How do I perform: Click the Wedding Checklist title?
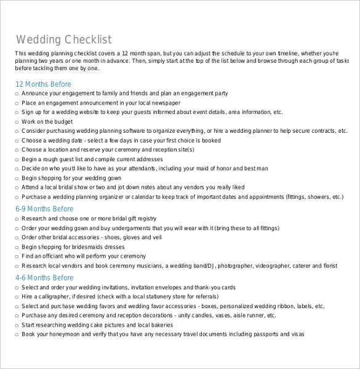pyautogui.click(x=64, y=41)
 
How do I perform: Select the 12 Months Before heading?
pyautogui.click(x=43, y=84)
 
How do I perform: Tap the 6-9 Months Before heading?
pyautogui.click(x=44, y=209)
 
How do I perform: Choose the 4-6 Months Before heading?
pyautogui.click(x=44, y=278)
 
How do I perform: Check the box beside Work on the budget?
pyautogui.click(x=17, y=122)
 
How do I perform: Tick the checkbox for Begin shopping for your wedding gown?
pyautogui.click(x=17, y=178)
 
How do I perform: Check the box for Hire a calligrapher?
pyautogui.click(x=17, y=297)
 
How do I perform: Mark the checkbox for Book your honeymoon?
pyautogui.click(x=17, y=335)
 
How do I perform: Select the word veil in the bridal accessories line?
pyautogui.click(x=156, y=237)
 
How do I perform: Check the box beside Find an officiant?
pyautogui.click(x=17, y=256)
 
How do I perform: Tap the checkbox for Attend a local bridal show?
pyautogui.click(x=17, y=188)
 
